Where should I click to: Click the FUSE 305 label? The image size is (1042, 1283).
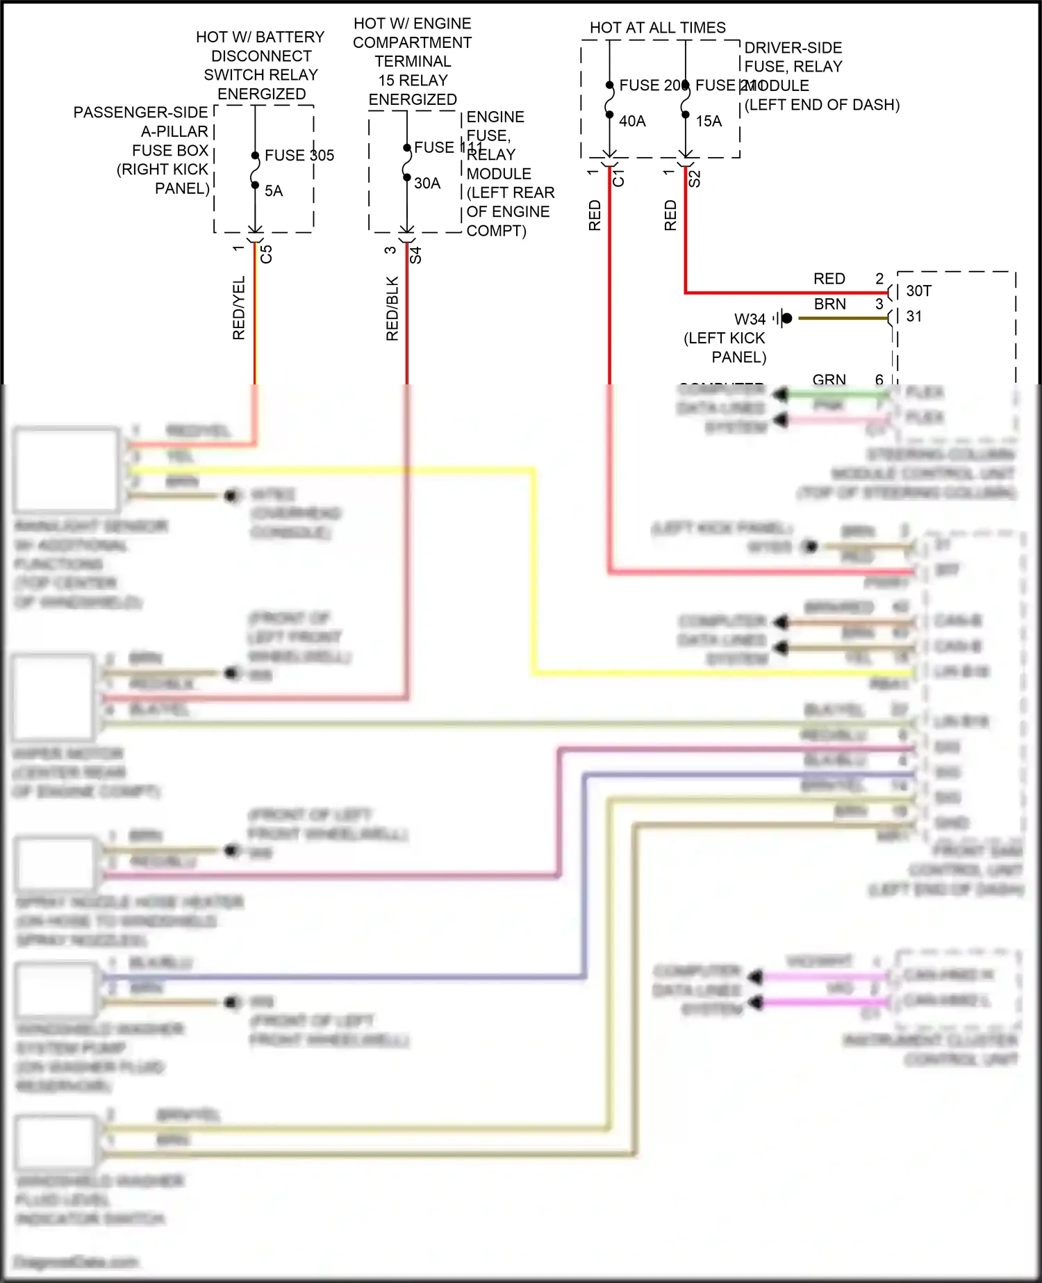[x=299, y=155]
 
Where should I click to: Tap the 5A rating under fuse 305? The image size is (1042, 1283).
[x=274, y=191]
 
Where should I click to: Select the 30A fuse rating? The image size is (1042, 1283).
[x=427, y=183]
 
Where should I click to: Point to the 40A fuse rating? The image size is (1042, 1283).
[x=632, y=122]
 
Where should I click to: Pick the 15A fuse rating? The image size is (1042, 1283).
[x=709, y=122]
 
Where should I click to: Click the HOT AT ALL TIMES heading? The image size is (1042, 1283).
[x=657, y=28]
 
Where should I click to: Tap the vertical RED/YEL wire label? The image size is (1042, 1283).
[x=239, y=308]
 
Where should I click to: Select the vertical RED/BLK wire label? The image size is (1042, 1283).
[x=392, y=309]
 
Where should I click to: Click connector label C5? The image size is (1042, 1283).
[x=266, y=254]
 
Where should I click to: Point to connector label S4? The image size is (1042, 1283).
[x=415, y=255]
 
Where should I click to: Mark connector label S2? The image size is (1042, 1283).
[x=694, y=179]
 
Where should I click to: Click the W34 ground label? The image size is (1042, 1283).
[x=750, y=320]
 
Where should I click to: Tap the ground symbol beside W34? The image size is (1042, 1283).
[x=783, y=318]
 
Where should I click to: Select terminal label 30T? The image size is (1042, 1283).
[x=918, y=291]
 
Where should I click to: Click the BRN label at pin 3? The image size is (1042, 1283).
[x=830, y=304]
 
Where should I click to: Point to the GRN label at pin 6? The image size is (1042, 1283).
[x=829, y=379]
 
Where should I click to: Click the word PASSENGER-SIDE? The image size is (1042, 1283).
[x=140, y=113]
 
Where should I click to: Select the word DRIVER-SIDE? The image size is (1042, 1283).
[x=793, y=48]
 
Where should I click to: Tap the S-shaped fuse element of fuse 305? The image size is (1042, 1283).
[x=255, y=170]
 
